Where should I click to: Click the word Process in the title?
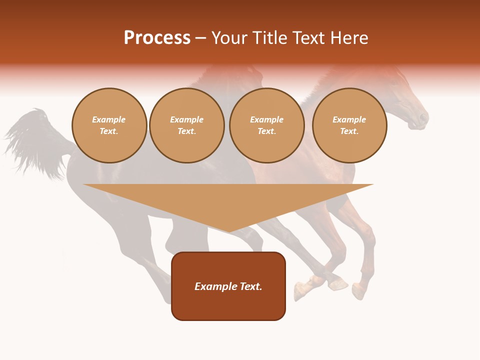(x=157, y=38)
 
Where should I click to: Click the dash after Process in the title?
(x=201, y=39)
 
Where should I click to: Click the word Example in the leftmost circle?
(x=109, y=119)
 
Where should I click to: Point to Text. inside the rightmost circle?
(x=349, y=131)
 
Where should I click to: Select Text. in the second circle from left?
(x=187, y=131)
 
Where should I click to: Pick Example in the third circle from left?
(x=266, y=119)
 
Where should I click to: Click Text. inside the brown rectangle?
(x=250, y=286)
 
